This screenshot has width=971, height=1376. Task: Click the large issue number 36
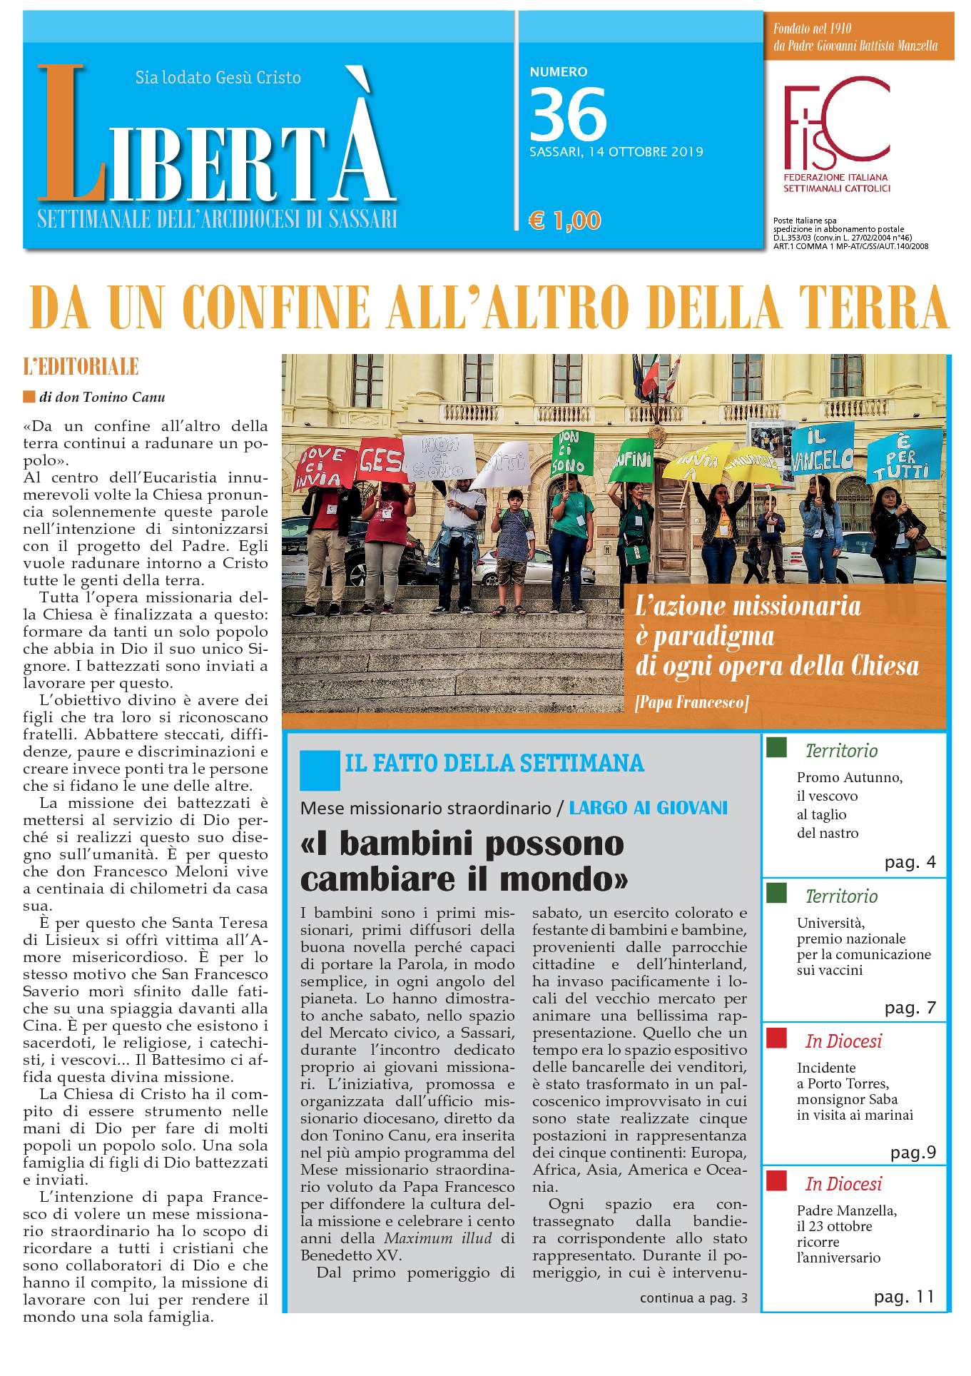(568, 114)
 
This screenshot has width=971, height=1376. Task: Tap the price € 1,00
(564, 221)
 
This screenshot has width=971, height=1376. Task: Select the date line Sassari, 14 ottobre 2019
(616, 152)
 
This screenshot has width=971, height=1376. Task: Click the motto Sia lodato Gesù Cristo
(218, 77)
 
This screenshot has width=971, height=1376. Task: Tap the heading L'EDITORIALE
(81, 368)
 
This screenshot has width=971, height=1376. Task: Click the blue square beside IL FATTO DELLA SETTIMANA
(320, 769)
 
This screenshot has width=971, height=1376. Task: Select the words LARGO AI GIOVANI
(648, 808)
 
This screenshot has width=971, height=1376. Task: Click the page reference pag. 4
(910, 862)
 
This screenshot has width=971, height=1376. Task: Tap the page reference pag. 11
(904, 1296)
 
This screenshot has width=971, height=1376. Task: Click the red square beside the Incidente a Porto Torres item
(776, 1037)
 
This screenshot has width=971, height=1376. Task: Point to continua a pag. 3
(693, 1297)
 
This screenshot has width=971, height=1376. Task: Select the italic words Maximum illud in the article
(438, 1238)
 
